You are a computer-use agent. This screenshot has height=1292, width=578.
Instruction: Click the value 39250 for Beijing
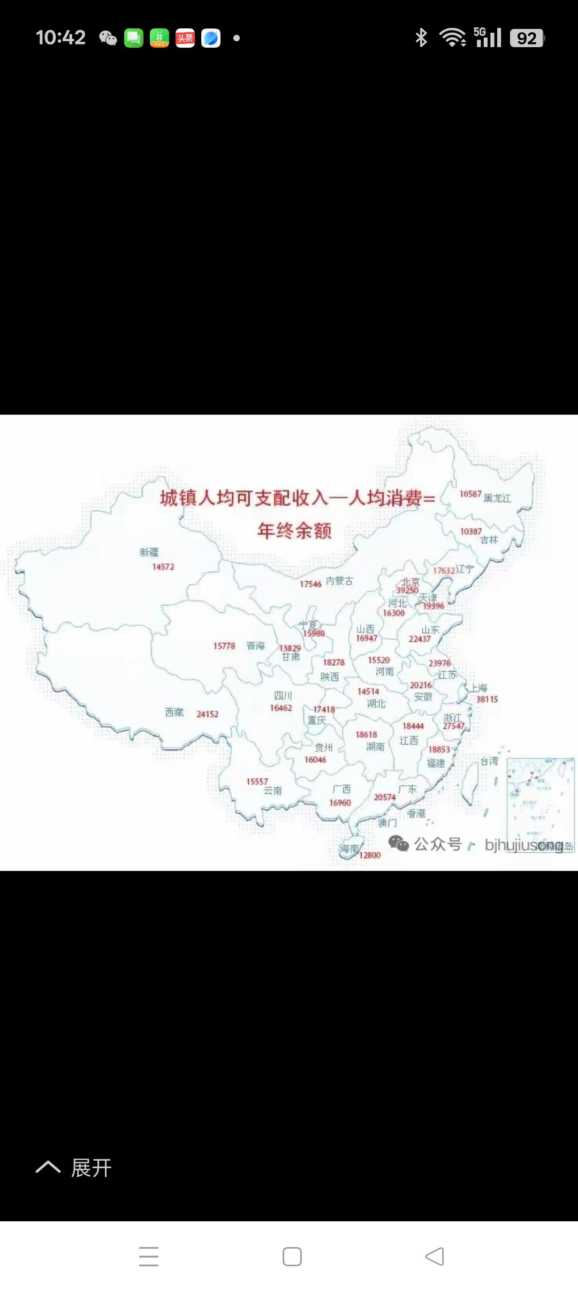pos(407,590)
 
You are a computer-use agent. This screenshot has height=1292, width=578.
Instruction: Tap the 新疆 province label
pos(149,552)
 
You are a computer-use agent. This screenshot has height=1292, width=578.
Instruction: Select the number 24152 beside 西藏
pos(207,714)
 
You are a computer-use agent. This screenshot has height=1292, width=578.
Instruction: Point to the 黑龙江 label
pos(497,498)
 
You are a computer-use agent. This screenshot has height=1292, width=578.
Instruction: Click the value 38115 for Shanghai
pos(487,699)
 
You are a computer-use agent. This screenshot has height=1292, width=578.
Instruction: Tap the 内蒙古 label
pos(339,581)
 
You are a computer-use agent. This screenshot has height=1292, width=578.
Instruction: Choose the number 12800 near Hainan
pos(370,855)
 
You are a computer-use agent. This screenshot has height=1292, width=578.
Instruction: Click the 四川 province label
pos(283,696)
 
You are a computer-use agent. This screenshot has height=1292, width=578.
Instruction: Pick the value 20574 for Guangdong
pos(385,797)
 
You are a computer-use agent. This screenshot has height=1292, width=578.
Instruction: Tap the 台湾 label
pos(489,761)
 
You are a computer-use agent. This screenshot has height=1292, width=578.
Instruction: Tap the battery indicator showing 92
pos(527,38)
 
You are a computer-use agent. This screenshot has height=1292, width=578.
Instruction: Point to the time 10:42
pos(60,37)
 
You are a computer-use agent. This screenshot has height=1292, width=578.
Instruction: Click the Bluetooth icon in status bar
pos(421,37)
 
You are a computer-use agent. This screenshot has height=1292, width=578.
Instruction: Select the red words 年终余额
pos(294,531)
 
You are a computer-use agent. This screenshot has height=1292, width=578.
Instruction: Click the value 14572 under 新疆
pos(163,567)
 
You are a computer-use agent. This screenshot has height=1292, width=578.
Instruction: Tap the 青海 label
pos(255,646)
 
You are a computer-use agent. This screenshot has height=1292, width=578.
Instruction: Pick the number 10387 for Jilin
pos(471,531)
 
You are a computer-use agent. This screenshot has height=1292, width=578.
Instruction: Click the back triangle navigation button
pos(435,1256)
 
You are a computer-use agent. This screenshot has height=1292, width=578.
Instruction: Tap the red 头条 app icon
pos(185,38)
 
